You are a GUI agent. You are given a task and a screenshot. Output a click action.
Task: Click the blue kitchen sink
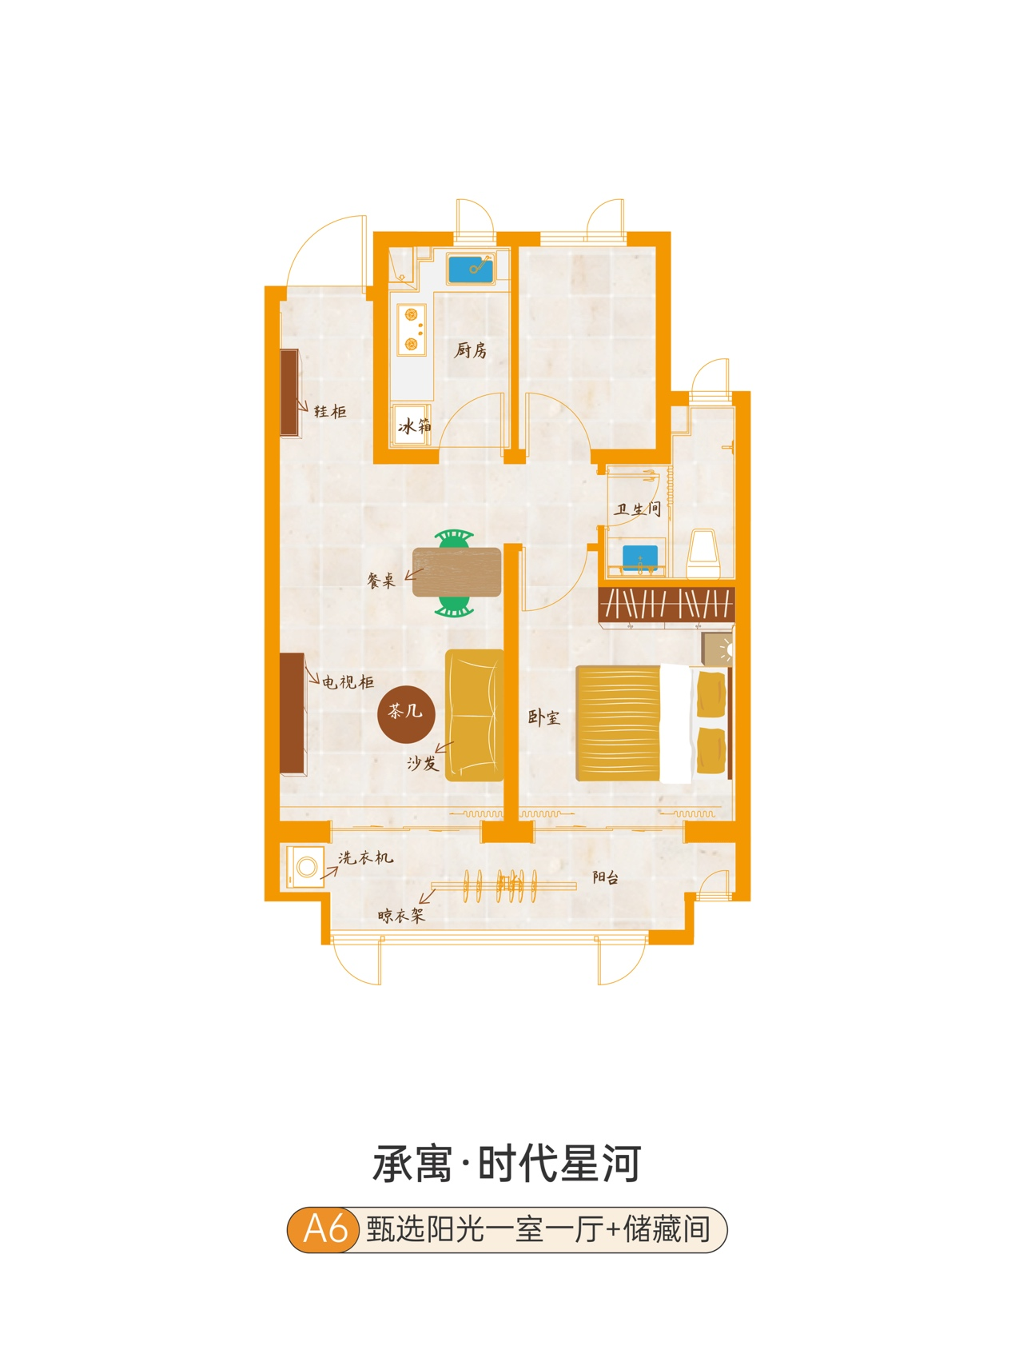tap(471, 269)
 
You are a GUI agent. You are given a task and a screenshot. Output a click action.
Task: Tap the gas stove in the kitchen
tap(412, 329)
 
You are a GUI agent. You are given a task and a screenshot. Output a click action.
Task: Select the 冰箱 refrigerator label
tap(414, 425)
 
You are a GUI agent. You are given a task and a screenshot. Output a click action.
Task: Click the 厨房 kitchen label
tap(471, 349)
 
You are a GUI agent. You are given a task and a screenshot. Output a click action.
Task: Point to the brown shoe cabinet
tap(289, 392)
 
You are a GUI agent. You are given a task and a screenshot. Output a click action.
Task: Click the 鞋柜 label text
tap(330, 411)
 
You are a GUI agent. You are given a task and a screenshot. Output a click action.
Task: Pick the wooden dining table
tap(456, 572)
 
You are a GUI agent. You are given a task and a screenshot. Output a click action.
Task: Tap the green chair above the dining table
tap(454, 539)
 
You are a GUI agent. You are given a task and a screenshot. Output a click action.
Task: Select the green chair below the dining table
tap(454, 607)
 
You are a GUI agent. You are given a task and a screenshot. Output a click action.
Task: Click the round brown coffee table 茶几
tap(406, 713)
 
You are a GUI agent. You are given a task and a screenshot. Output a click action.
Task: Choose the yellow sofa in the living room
tap(474, 715)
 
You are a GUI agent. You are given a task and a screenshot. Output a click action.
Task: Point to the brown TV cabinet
tap(293, 713)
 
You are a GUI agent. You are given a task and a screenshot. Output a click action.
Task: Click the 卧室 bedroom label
tap(544, 717)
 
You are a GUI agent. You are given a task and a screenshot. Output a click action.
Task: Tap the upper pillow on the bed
tap(710, 693)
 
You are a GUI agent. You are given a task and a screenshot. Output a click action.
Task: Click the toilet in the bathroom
tap(703, 553)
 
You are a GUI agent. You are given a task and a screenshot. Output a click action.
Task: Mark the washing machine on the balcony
tap(306, 866)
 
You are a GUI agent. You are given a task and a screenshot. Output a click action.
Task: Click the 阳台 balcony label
tap(606, 877)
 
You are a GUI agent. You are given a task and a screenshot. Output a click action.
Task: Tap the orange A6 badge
tap(324, 1228)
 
